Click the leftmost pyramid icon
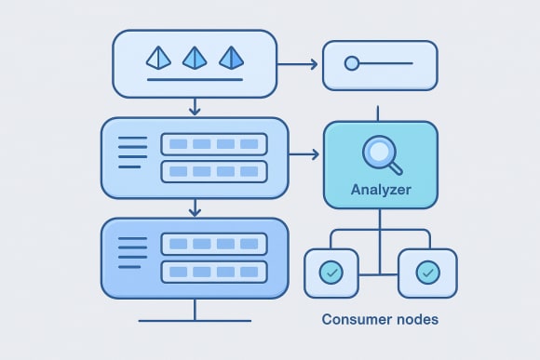159,58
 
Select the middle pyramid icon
195,58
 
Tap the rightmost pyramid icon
230,58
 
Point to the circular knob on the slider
351,64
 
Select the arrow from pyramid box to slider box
298,64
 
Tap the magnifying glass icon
380,153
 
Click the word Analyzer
380,191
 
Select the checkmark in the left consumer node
331,273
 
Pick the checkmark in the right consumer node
427,273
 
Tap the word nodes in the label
415,319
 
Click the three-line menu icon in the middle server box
133,153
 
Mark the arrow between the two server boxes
195,208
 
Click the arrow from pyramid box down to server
195,107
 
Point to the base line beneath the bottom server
195,321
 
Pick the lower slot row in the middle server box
213,172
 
